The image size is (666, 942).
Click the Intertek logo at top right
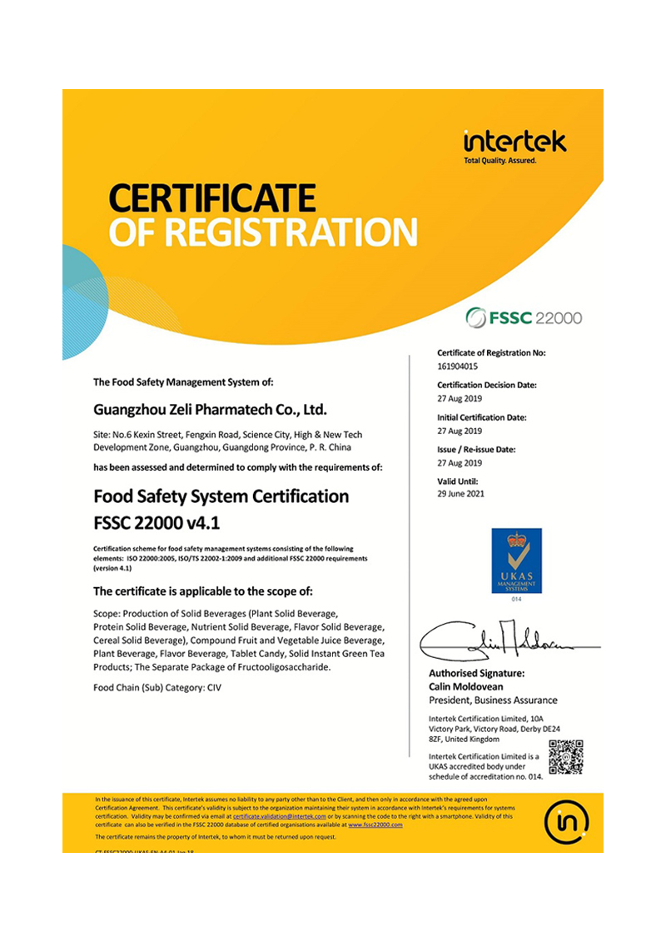pos(514,143)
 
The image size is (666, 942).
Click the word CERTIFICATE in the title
pos(212,198)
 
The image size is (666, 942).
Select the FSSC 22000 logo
pos(524,317)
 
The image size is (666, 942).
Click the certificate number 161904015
pos(459,366)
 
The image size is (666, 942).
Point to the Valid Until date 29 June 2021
pos(460,494)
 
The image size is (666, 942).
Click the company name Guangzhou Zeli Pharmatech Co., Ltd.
pos(210,410)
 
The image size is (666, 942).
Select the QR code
pos(566,756)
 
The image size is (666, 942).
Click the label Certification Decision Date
pos(487,385)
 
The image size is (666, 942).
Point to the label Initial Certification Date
pos(482,417)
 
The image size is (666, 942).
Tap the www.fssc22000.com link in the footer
pos(375,825)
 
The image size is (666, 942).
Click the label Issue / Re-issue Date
pos(476,450)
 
